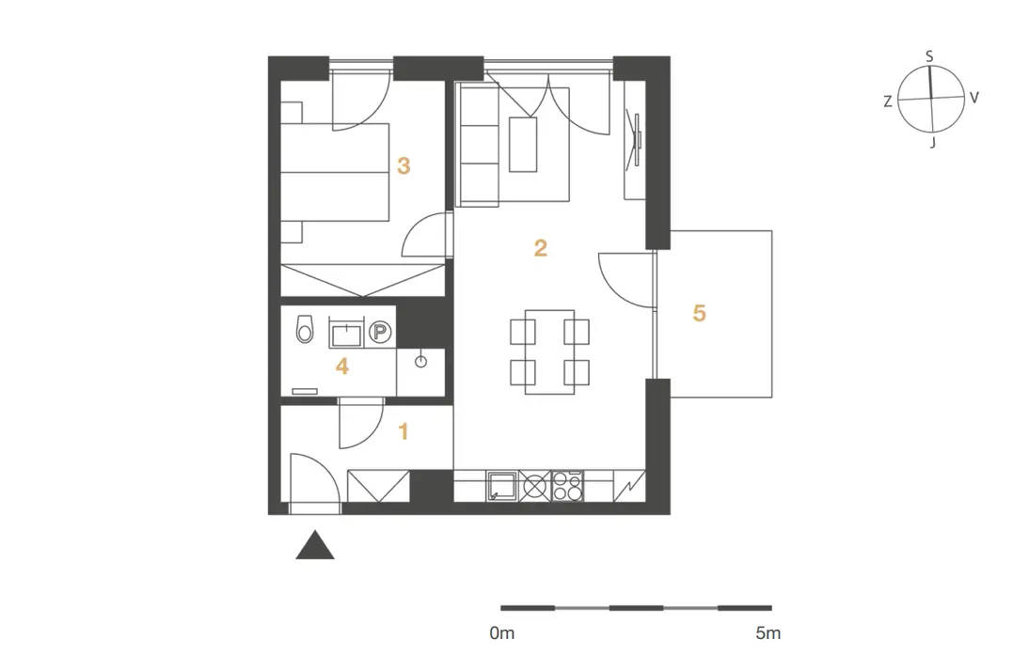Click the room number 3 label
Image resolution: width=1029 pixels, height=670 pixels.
tap(404, 165)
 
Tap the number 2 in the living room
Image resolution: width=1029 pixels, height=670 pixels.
tap(540, 248)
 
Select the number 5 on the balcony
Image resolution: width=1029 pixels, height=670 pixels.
tap(699, 313)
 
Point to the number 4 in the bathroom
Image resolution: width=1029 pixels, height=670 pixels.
tap(342, 366)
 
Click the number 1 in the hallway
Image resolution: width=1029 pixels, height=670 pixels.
tap(404, 431)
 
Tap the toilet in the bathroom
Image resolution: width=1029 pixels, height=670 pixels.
tap(305, 329)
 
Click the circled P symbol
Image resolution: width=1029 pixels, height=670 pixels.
tap(379, 333)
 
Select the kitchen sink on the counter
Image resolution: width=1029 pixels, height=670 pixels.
tap(502, 487)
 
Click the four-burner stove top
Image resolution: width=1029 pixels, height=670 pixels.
tap(567, 487)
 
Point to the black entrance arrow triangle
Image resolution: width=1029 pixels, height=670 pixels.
tap(315, 545)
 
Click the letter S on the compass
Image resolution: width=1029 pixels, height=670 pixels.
tap(929, 57)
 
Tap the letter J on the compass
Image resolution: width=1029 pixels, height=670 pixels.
tap(932, 142)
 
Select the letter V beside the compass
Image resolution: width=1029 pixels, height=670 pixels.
tap(974, 98)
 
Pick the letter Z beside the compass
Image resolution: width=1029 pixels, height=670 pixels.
tap(887, 101)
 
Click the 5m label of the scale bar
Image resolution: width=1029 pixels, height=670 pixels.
tap(768, 633)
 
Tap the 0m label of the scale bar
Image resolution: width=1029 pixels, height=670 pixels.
tap(502, 633)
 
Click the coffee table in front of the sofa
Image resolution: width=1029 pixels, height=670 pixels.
tap(523, 145)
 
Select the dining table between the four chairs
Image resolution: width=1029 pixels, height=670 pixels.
tap(550, 352)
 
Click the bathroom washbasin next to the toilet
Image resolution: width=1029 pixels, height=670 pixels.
tap(346, 334)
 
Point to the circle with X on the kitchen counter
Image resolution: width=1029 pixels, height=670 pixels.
tap(535, 487)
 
